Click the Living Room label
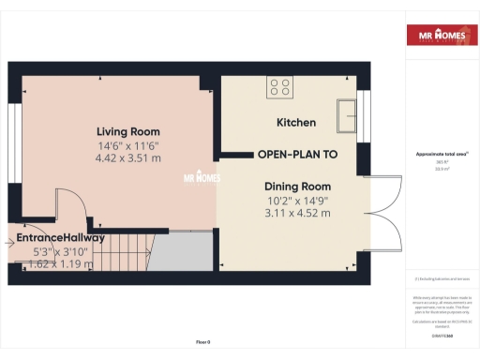129,131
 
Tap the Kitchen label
295,123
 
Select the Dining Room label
298,187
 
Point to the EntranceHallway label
60,238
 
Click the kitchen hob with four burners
279,87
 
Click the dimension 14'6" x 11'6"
128,145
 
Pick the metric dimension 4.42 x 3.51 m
128,158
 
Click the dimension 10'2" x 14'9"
298,200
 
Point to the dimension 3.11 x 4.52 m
298,213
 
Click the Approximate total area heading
441,154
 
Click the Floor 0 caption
202,341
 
